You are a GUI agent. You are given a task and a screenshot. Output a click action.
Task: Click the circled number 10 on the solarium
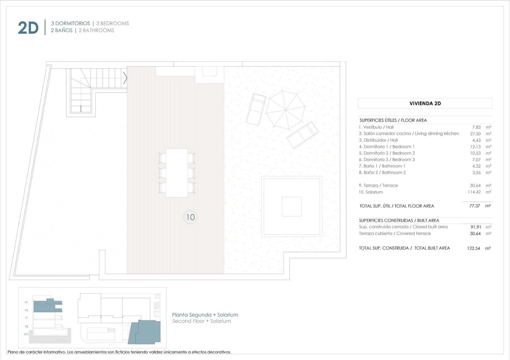tap(190, 217)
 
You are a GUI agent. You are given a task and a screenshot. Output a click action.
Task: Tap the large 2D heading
tap(28, 28)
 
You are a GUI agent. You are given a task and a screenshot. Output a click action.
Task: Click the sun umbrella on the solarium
tap(286, 110)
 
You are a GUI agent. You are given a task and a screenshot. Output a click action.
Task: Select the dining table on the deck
tap(177, 173)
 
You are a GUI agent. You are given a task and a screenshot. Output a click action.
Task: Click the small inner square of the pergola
tap(292, 206)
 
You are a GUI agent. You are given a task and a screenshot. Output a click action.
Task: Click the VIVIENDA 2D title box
tap(425, 103)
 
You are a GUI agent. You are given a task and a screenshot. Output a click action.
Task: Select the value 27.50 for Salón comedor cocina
tap(475, 134)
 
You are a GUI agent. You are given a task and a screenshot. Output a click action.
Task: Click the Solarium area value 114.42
tap(474, 192)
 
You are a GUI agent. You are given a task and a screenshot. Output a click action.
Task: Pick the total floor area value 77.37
tap(475, 206)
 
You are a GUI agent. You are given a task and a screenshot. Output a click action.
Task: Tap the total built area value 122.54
tap(473, 248)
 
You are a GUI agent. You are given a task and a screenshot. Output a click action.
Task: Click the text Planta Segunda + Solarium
tap(205, 315)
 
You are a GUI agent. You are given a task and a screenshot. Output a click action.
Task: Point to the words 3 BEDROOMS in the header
tap(113, 23)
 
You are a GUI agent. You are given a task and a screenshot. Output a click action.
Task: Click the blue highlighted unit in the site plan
tap(145, 332)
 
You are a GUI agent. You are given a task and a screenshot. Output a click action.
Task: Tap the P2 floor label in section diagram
tap(26, 310)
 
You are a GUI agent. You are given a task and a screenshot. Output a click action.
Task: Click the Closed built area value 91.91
tap(476, 227)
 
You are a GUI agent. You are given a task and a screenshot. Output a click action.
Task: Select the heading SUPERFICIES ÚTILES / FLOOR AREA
tap(393, 120)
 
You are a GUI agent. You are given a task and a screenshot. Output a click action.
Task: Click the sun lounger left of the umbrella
tap(256, 109)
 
